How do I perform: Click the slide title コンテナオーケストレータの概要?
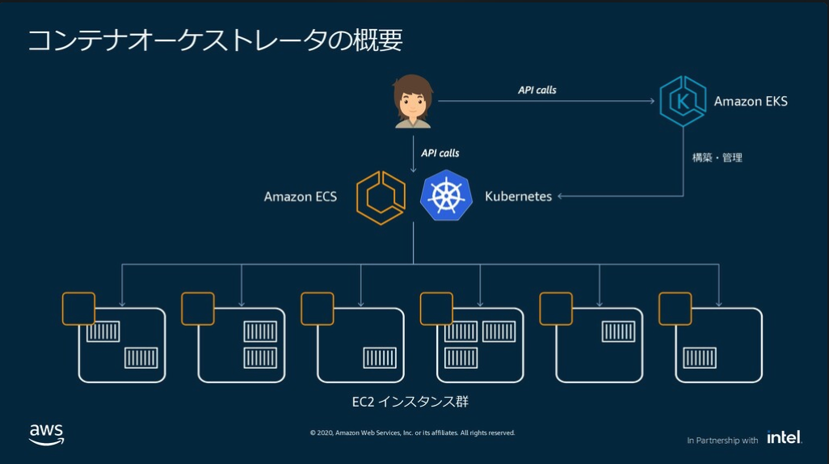215,40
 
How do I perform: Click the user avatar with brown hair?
413,101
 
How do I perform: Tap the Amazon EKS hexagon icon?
683,101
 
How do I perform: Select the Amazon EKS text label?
751,102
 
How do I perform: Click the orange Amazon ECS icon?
381,196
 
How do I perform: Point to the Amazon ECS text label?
301,196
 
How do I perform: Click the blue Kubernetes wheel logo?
446,196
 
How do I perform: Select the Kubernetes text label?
518,196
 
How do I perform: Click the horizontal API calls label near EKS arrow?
537,90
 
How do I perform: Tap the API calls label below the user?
440,153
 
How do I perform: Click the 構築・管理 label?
717,158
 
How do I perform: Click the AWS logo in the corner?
46,434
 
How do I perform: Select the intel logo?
784,437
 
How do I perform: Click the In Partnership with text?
722,441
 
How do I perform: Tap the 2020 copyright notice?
412,432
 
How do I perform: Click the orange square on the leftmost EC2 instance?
78,308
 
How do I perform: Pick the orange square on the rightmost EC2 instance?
675,308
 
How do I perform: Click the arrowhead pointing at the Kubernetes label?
561,196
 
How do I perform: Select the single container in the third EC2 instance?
379,357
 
